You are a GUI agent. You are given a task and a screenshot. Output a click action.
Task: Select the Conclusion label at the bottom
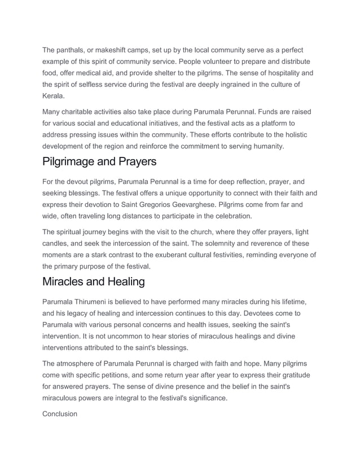click(x=60, y=414)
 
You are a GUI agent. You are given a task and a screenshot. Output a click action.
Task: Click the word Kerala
click(x=54, y=96)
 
